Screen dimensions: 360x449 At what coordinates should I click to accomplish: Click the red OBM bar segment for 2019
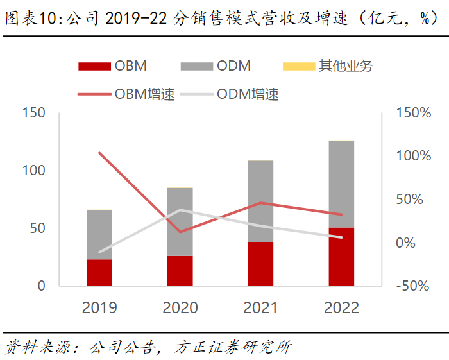coord(99,273)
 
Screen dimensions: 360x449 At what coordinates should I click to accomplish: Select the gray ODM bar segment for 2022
coord(341,184)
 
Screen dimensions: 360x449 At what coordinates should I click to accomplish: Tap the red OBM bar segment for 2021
coord(260,264)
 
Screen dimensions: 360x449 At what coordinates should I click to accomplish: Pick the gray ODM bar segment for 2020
coord(180,222)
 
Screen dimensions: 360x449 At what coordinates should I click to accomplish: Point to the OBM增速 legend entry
coord(126,94)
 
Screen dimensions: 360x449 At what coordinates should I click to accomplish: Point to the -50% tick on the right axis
coord(411,286)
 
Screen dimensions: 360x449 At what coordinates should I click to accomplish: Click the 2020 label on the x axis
coord(180,308)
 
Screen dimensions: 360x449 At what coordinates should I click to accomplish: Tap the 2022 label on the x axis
coord(341,308)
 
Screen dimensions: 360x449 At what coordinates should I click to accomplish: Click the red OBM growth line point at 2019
coord(99,153)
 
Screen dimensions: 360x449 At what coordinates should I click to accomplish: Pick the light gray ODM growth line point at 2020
coord(180,210)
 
